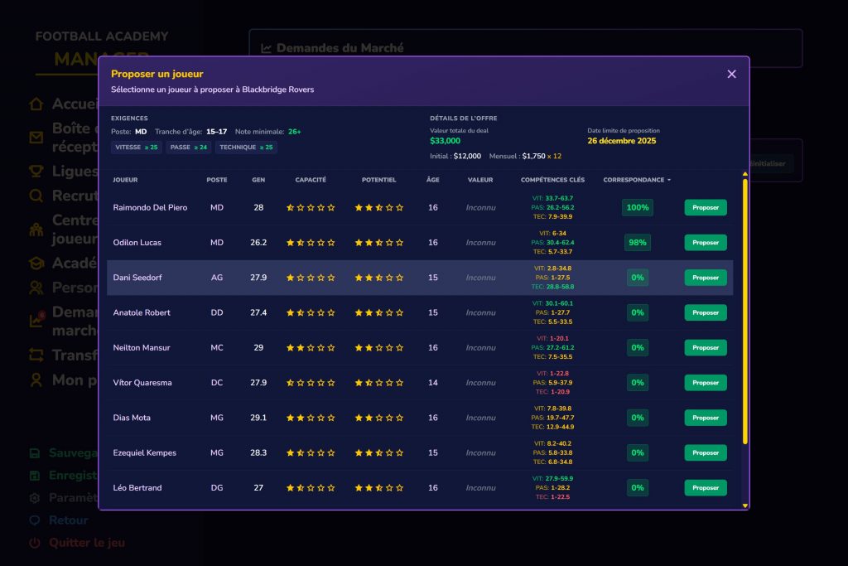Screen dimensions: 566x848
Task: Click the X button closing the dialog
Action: [731, 74]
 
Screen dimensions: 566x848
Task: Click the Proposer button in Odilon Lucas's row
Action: [706, 243]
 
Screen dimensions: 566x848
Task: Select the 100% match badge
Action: [638, 208]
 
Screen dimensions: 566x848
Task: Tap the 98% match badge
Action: [638, 243]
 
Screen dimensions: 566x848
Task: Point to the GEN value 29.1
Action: [258, 418]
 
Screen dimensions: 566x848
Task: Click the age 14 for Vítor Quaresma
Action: [433, 383]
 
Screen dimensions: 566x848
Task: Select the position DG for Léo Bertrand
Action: [217, 488]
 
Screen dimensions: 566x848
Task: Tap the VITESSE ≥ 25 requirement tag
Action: [137, 148]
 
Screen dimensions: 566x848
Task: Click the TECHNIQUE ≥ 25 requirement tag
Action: [246, 148]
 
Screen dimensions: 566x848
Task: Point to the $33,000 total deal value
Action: [446, 141]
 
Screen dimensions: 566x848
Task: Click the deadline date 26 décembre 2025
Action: [621, 141]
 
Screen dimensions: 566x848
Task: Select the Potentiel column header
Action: [379, 180]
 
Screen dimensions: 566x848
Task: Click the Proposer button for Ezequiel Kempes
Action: [706, 453]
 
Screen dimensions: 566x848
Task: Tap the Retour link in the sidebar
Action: [69, 520]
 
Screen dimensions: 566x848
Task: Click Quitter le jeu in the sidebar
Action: [87, 543]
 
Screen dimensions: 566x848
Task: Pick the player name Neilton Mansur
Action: [142, 348]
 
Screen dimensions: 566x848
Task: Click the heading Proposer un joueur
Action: [157, 74]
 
